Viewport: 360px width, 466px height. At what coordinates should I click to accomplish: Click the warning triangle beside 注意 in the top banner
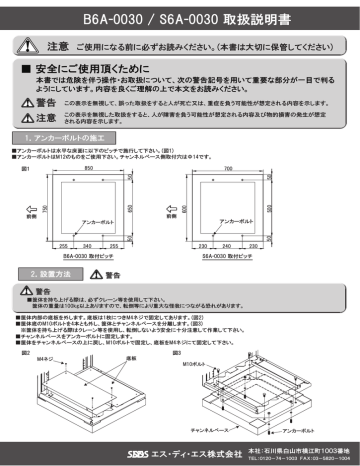[32, 47]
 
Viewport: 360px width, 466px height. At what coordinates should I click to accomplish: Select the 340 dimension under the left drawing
[89, 245]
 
